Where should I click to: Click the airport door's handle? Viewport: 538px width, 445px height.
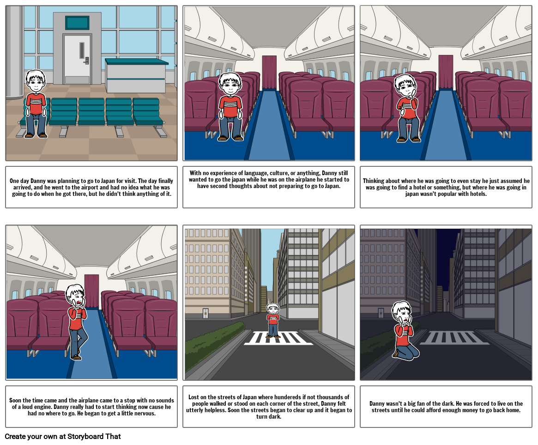pyautogui.click(x=86, y=60)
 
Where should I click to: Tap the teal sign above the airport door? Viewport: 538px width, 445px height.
pyautogui.click(x=77, y=22)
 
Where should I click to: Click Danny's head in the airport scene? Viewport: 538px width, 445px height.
pyautogui.click(x=36, y=82)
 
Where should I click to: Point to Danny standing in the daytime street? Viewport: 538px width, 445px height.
pyautogui.click(x=273, y=320)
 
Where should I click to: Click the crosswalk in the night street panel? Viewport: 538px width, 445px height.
pyautogui.click(x=455, y=338)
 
